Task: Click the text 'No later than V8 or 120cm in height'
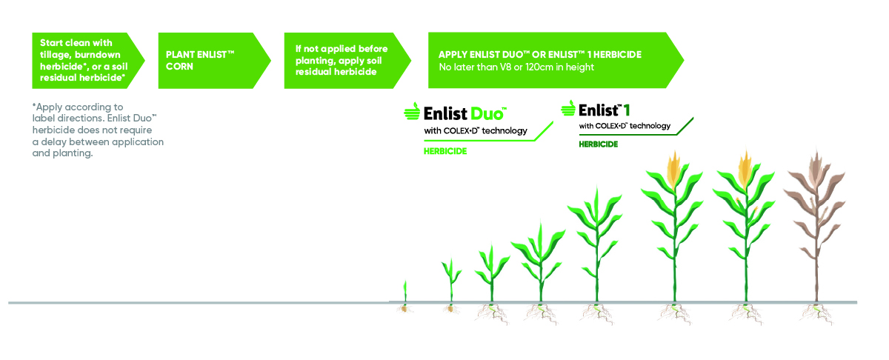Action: (516, 67)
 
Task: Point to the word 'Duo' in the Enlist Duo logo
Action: (487, 114)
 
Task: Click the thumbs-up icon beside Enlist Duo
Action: (412, 111)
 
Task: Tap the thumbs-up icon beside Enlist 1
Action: (568, 108)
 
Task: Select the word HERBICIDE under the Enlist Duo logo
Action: (445, 151)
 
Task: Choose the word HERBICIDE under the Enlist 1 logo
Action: (598, 144)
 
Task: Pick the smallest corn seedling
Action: (405, 291)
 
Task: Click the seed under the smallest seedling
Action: (404, 308)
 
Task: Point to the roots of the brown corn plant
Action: (816, 313)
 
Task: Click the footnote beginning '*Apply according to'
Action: (98, 130)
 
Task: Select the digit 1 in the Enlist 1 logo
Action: (626, 110)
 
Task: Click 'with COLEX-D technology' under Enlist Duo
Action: (476, 130)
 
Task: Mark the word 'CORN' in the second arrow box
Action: (179, 66)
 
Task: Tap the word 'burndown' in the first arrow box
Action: (98, 55)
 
